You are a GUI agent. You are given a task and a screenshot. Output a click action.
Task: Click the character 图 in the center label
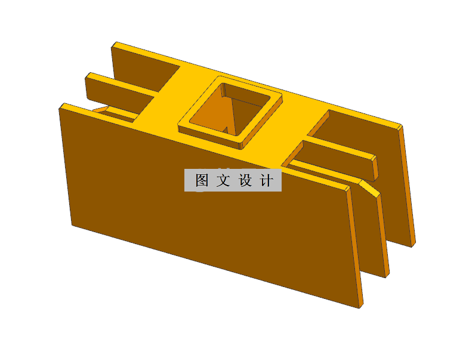pos(202,181)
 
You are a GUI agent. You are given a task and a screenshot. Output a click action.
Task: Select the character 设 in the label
pos(246,181)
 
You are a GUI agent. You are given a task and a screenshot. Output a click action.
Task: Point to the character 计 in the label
pos(267,181)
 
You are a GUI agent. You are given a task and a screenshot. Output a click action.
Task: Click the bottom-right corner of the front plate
pos(360,308)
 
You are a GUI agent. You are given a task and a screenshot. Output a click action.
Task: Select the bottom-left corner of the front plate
pos(72,225)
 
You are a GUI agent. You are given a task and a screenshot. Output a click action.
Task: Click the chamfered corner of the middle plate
pos(370,187)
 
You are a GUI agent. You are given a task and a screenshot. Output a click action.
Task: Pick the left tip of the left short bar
pos(88,76)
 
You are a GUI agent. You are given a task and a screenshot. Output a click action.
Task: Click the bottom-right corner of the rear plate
pos(413,245)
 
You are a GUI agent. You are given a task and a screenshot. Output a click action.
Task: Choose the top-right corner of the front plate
pos(348,189)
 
